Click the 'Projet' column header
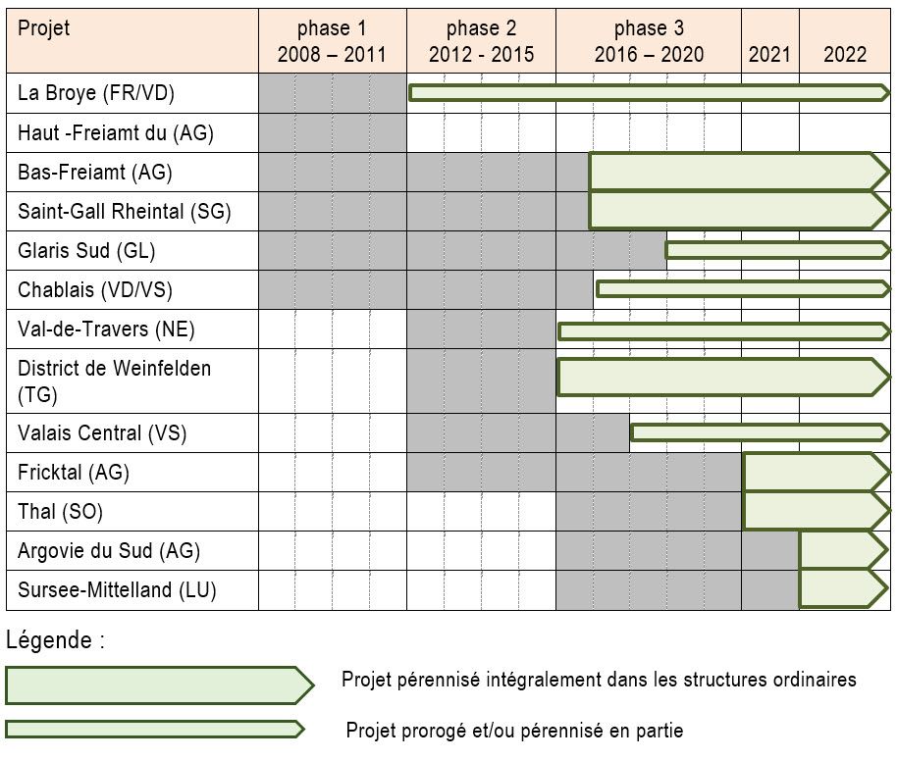[44, 28]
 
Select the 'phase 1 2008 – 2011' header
[332, 41]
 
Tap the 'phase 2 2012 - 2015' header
[481, 41]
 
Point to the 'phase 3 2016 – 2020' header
[649, 41]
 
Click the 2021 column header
[769, 54]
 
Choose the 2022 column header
[845, 54]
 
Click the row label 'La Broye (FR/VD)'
[96, 93]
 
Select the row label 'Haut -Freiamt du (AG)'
[115, 132]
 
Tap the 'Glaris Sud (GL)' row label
[86, 250]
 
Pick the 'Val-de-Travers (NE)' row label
[106, 329]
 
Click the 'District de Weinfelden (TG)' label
[114, 380]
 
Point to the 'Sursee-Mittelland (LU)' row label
[117, 590]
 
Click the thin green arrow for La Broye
[648, 93]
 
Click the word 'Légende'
[54, 641]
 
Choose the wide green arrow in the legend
[157, 684]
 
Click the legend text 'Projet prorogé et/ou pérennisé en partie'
[514, 731]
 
